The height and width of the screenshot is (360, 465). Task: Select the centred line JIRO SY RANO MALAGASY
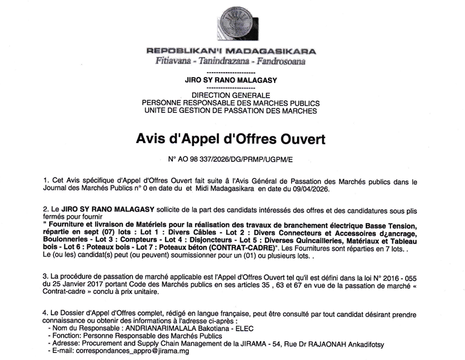[230, 79]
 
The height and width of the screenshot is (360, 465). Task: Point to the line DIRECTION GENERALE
[230, 96]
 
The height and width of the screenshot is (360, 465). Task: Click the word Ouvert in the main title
[298, 139]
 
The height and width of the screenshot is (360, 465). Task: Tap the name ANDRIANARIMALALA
[159, 327]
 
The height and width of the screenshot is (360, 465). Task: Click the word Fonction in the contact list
[65, 335]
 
